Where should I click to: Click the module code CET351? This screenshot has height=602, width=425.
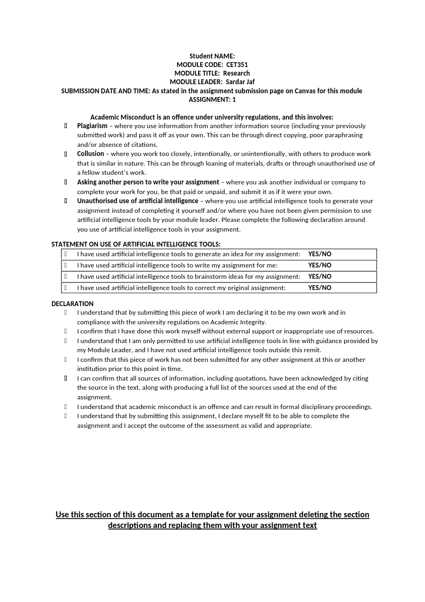[x=237, y=65]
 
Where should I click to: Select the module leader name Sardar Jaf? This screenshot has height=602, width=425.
[x=240, y=82]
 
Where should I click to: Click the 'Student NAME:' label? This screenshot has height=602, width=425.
[x=212, y=56]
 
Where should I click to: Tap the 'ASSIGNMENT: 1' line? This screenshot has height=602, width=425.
[x=212, y=100]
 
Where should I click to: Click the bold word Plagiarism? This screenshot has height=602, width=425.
[x=92, y=126]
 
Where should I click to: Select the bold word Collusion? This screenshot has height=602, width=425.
[x=90, y=154]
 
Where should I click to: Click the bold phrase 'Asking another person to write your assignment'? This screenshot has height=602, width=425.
[x=148, y=182]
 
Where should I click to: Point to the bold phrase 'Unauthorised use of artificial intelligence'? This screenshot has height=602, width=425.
[x=138, y=201]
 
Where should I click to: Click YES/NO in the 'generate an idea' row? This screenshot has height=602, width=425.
[x=320, y=254]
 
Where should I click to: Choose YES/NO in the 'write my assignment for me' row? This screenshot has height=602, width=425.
[x=320, y=265]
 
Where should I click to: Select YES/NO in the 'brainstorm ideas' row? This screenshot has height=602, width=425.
[x=320, y=277]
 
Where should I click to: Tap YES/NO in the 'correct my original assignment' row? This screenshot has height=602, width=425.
[x=320, y=288]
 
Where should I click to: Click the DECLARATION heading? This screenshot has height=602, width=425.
[x=72, y=304]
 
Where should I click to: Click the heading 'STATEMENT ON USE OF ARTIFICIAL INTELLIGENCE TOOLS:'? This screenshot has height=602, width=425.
[x=136, y=244]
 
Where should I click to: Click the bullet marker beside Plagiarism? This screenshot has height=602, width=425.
[x=66, y=126]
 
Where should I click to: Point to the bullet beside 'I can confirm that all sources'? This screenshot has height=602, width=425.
[x=66, y=378]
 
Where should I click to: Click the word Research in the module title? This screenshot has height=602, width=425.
[x=236, y=73]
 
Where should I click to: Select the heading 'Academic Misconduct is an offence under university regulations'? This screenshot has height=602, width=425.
[x=211, y=117]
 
